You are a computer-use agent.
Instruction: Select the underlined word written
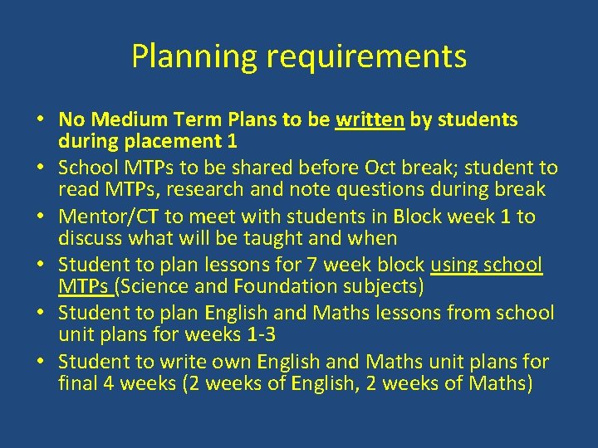(370, 120)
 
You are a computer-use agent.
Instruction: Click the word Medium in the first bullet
(127, 120)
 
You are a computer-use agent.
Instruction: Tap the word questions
(386, 189)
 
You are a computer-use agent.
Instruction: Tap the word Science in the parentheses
(158, 286)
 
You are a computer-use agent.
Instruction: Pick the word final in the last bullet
(77, 383)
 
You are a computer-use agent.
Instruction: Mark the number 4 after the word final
(113, 383)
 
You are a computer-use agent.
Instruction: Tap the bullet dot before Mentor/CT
(39, 217)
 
